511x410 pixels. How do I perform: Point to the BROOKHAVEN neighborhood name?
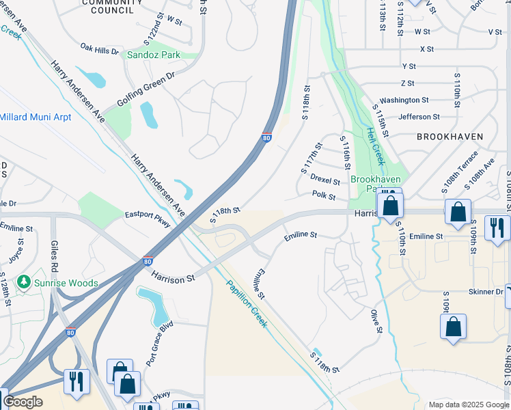[x=450, y=137]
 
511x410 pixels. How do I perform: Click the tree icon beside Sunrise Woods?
[x=25, y=282]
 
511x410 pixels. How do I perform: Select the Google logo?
[x=23, y=402]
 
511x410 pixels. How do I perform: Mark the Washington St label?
[x=404, y=100]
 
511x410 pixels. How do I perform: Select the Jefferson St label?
[x=419, y=117]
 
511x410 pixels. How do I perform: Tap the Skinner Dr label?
[x=486, y=292]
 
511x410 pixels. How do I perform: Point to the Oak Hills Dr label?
[x=100, y=49]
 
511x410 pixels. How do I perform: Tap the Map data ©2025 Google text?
[x=468, y=405]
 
